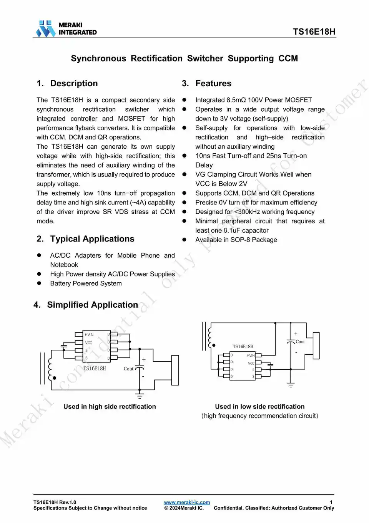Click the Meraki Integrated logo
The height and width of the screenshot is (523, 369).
[66, 28]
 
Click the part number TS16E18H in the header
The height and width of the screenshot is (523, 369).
[314, 32]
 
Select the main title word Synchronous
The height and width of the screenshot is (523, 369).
[98, 59]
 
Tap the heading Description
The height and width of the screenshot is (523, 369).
[74, 84]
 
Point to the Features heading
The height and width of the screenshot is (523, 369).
[213, 84]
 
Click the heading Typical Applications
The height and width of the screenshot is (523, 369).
[92, 239]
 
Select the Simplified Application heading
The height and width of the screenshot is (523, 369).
[92, 305]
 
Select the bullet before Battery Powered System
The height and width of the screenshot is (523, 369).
[39, 283]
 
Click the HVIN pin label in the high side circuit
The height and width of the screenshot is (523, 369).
[89, 335]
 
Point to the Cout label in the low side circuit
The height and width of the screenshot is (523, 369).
[300, 342]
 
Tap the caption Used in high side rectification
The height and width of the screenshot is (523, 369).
[110, 406]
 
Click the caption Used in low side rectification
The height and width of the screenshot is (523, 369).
[259, 406]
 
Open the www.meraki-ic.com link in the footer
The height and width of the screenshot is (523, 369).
[187, 502]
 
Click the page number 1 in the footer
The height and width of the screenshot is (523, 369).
[331, 502]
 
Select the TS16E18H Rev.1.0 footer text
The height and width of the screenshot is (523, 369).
[55, 502]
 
